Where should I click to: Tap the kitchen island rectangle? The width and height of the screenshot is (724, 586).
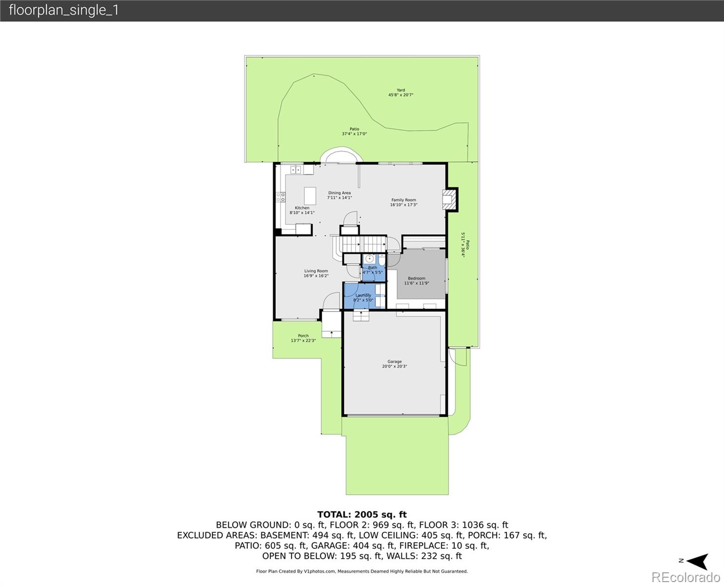(310, 196)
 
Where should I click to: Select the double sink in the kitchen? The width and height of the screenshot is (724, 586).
(296, 170)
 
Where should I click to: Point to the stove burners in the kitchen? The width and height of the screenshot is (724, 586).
(281, 197)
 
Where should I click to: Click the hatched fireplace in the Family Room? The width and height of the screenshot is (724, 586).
(449, 199)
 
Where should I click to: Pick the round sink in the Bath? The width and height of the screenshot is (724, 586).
(370, 258)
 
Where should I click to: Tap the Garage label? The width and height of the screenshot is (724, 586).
(394, 362)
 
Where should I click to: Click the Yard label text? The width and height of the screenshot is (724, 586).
(401, 90)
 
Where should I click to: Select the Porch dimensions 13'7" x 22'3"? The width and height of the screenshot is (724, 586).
(303, 340)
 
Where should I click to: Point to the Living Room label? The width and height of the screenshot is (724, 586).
(316, 271)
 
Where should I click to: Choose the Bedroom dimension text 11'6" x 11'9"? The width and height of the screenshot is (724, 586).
(417, 283)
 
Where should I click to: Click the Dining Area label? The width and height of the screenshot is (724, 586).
(339, 193)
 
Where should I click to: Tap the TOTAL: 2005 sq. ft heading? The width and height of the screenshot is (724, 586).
(362, 514)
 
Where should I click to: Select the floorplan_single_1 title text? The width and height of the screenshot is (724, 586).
(64, 10)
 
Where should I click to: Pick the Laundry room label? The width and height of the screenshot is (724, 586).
(363, 295)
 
